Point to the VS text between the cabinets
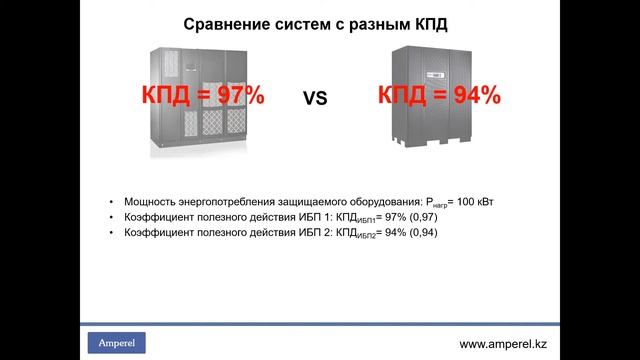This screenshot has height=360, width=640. [x=317, y=98]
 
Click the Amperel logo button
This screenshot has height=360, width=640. [x=118, y=343]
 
